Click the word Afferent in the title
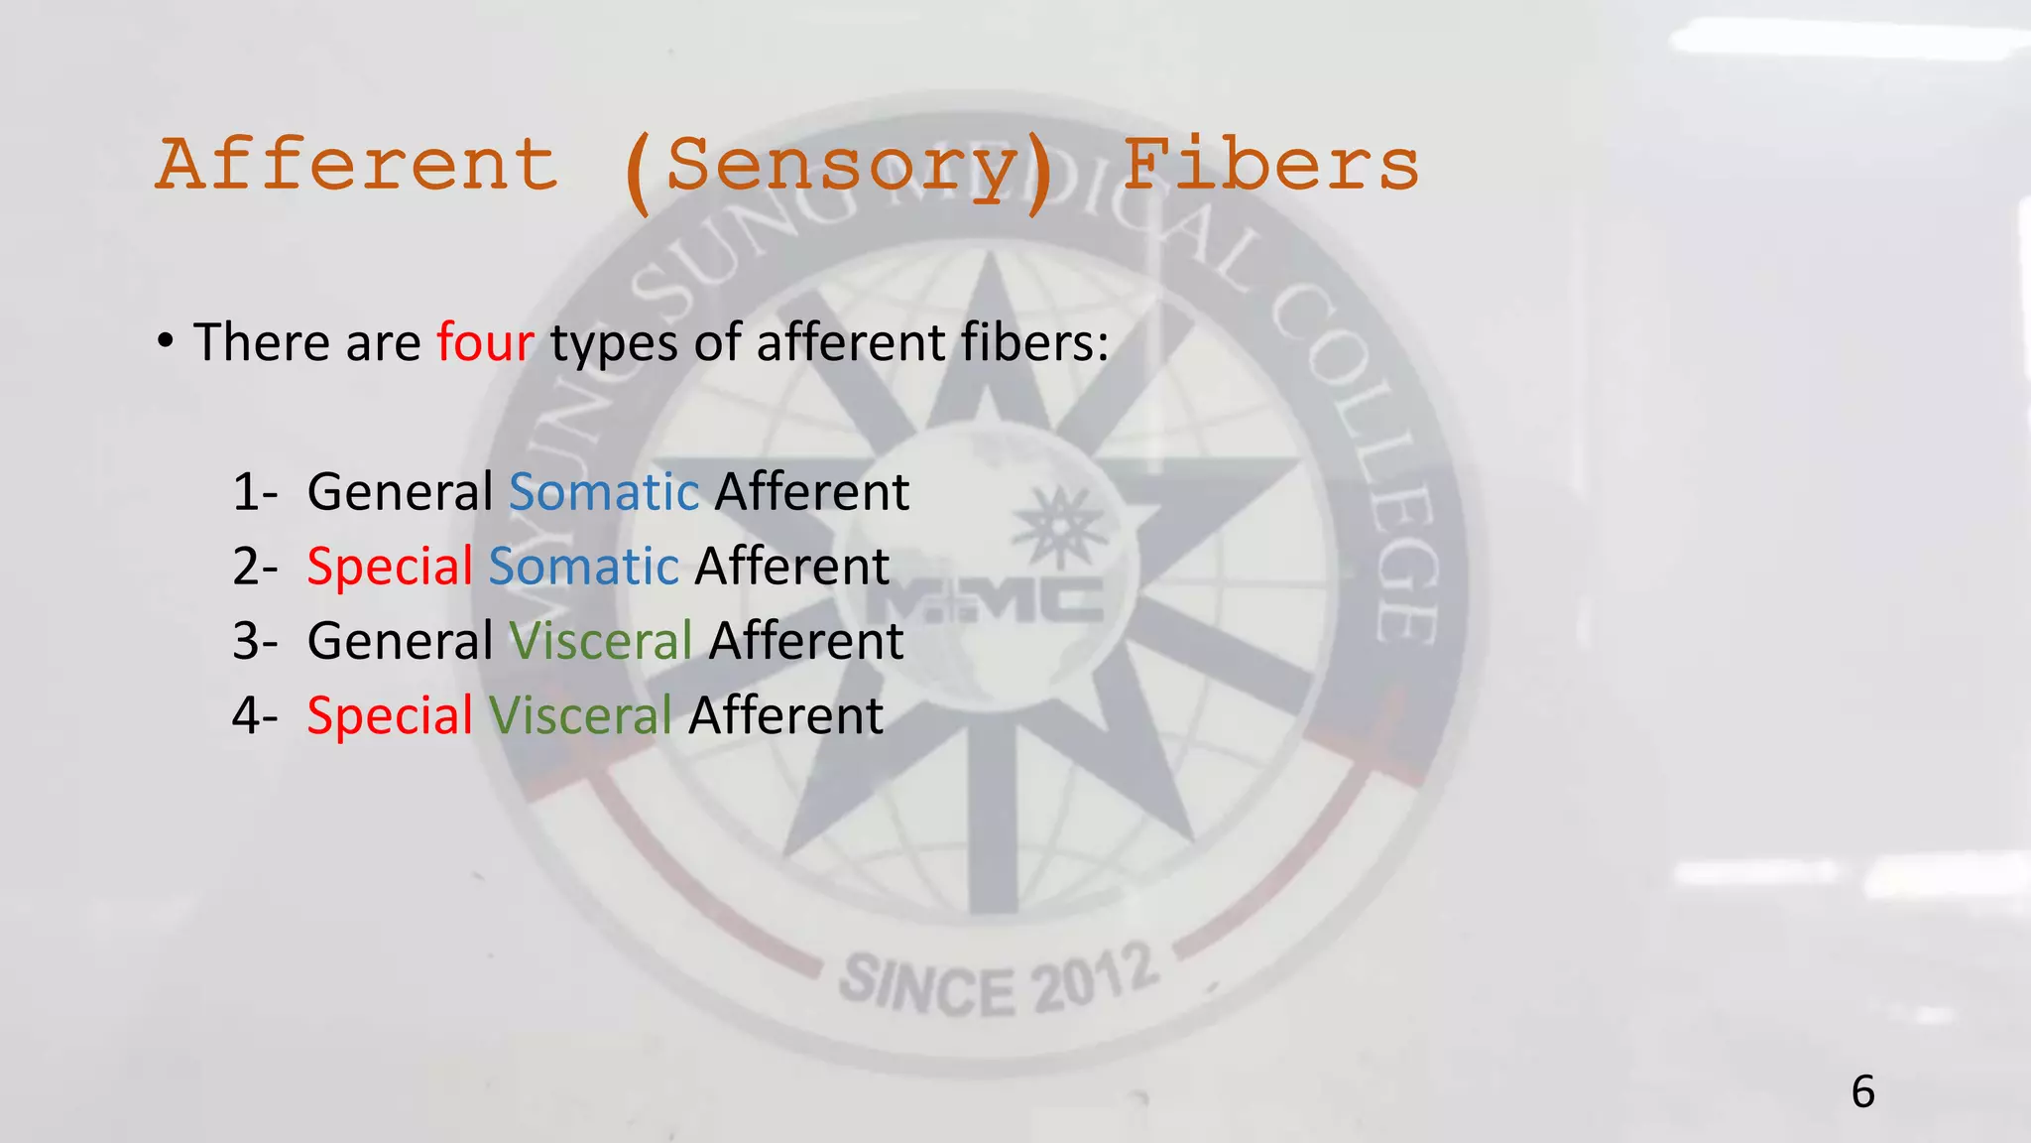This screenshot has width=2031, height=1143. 357,165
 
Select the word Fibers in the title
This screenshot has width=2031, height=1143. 1270,165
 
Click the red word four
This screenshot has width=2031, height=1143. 485,342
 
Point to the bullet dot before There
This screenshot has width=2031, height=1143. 166,342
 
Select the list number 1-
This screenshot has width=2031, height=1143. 254,492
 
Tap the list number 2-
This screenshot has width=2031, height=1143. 254,567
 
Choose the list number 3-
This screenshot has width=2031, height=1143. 254,641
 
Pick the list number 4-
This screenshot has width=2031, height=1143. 254,715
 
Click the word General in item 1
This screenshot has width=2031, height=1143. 400,492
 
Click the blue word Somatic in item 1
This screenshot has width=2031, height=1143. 604,492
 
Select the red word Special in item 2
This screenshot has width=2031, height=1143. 390,567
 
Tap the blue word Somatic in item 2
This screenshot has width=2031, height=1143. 583,567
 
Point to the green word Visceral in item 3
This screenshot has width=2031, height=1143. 600,641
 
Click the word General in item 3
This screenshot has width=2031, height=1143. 400,641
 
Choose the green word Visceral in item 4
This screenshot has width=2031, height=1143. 580,715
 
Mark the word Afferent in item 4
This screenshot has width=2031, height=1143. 785,715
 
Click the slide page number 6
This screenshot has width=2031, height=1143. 1862,1092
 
